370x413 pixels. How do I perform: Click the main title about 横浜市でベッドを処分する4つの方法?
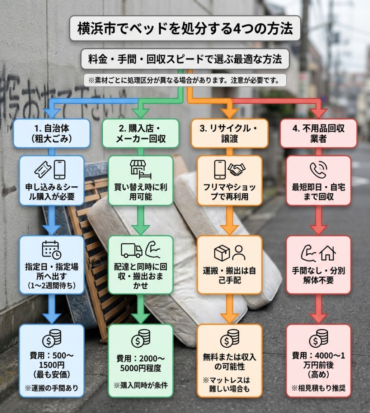(185, 28)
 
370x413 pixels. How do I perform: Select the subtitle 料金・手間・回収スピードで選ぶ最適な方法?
(185, 59)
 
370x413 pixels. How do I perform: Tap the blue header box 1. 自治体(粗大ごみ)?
(52, 133)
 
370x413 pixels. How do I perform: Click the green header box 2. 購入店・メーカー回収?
(141, 133)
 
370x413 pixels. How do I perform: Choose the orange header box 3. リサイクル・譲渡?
(229, 133)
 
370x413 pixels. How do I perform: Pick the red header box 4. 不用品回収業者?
(318, 133)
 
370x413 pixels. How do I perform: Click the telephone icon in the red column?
(318, 169)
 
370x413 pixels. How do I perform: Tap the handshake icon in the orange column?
(237, 169)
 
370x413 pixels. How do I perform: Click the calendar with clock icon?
(52, 249)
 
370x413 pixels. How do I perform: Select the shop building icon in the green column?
(140, 169)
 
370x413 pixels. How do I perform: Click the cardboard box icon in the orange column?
(222, 253)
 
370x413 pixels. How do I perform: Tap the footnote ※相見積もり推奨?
(318, 388)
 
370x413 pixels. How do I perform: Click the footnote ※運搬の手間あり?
(52, 388)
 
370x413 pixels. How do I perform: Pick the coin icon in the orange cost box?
(229, 338)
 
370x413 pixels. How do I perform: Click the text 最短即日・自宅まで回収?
(318, 192)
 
